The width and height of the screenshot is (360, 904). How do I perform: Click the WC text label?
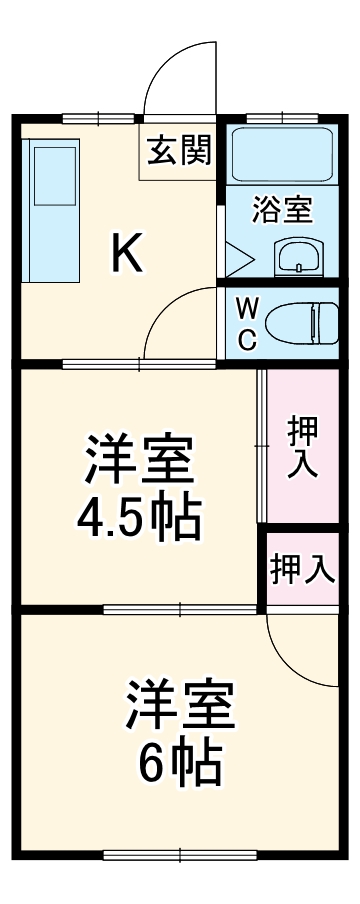(246, 323)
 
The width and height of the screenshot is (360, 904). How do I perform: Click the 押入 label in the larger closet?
(303, 448)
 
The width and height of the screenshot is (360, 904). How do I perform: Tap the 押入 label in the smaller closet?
(303, 568)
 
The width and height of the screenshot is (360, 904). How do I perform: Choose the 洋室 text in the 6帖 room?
(180, 706)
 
